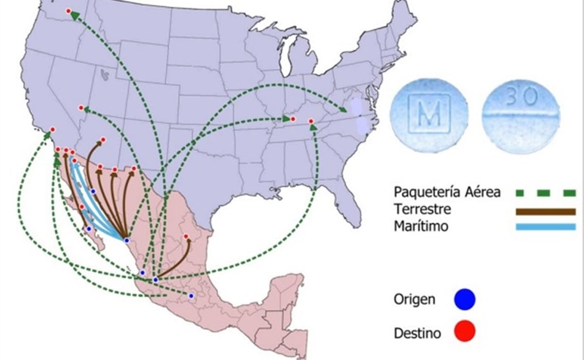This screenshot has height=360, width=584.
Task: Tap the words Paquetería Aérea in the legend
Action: [x=446, y=192]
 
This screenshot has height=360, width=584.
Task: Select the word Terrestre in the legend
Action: [x=422, y=209]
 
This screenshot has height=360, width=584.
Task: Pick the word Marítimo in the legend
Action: [x=421, y=226]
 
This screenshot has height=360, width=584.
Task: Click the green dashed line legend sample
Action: [x=545, y=193]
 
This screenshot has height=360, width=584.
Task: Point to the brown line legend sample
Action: [x=545, y=211]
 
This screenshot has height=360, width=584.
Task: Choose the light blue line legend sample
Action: [x=545, y=226]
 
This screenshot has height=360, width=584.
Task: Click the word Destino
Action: [x=416, y=333]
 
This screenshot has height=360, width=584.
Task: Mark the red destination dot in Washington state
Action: [x=69, y=11]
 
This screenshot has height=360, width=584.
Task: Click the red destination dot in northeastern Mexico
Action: [x=186, y=236]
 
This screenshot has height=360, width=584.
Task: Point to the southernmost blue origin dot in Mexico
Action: [x=191, y=296]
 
